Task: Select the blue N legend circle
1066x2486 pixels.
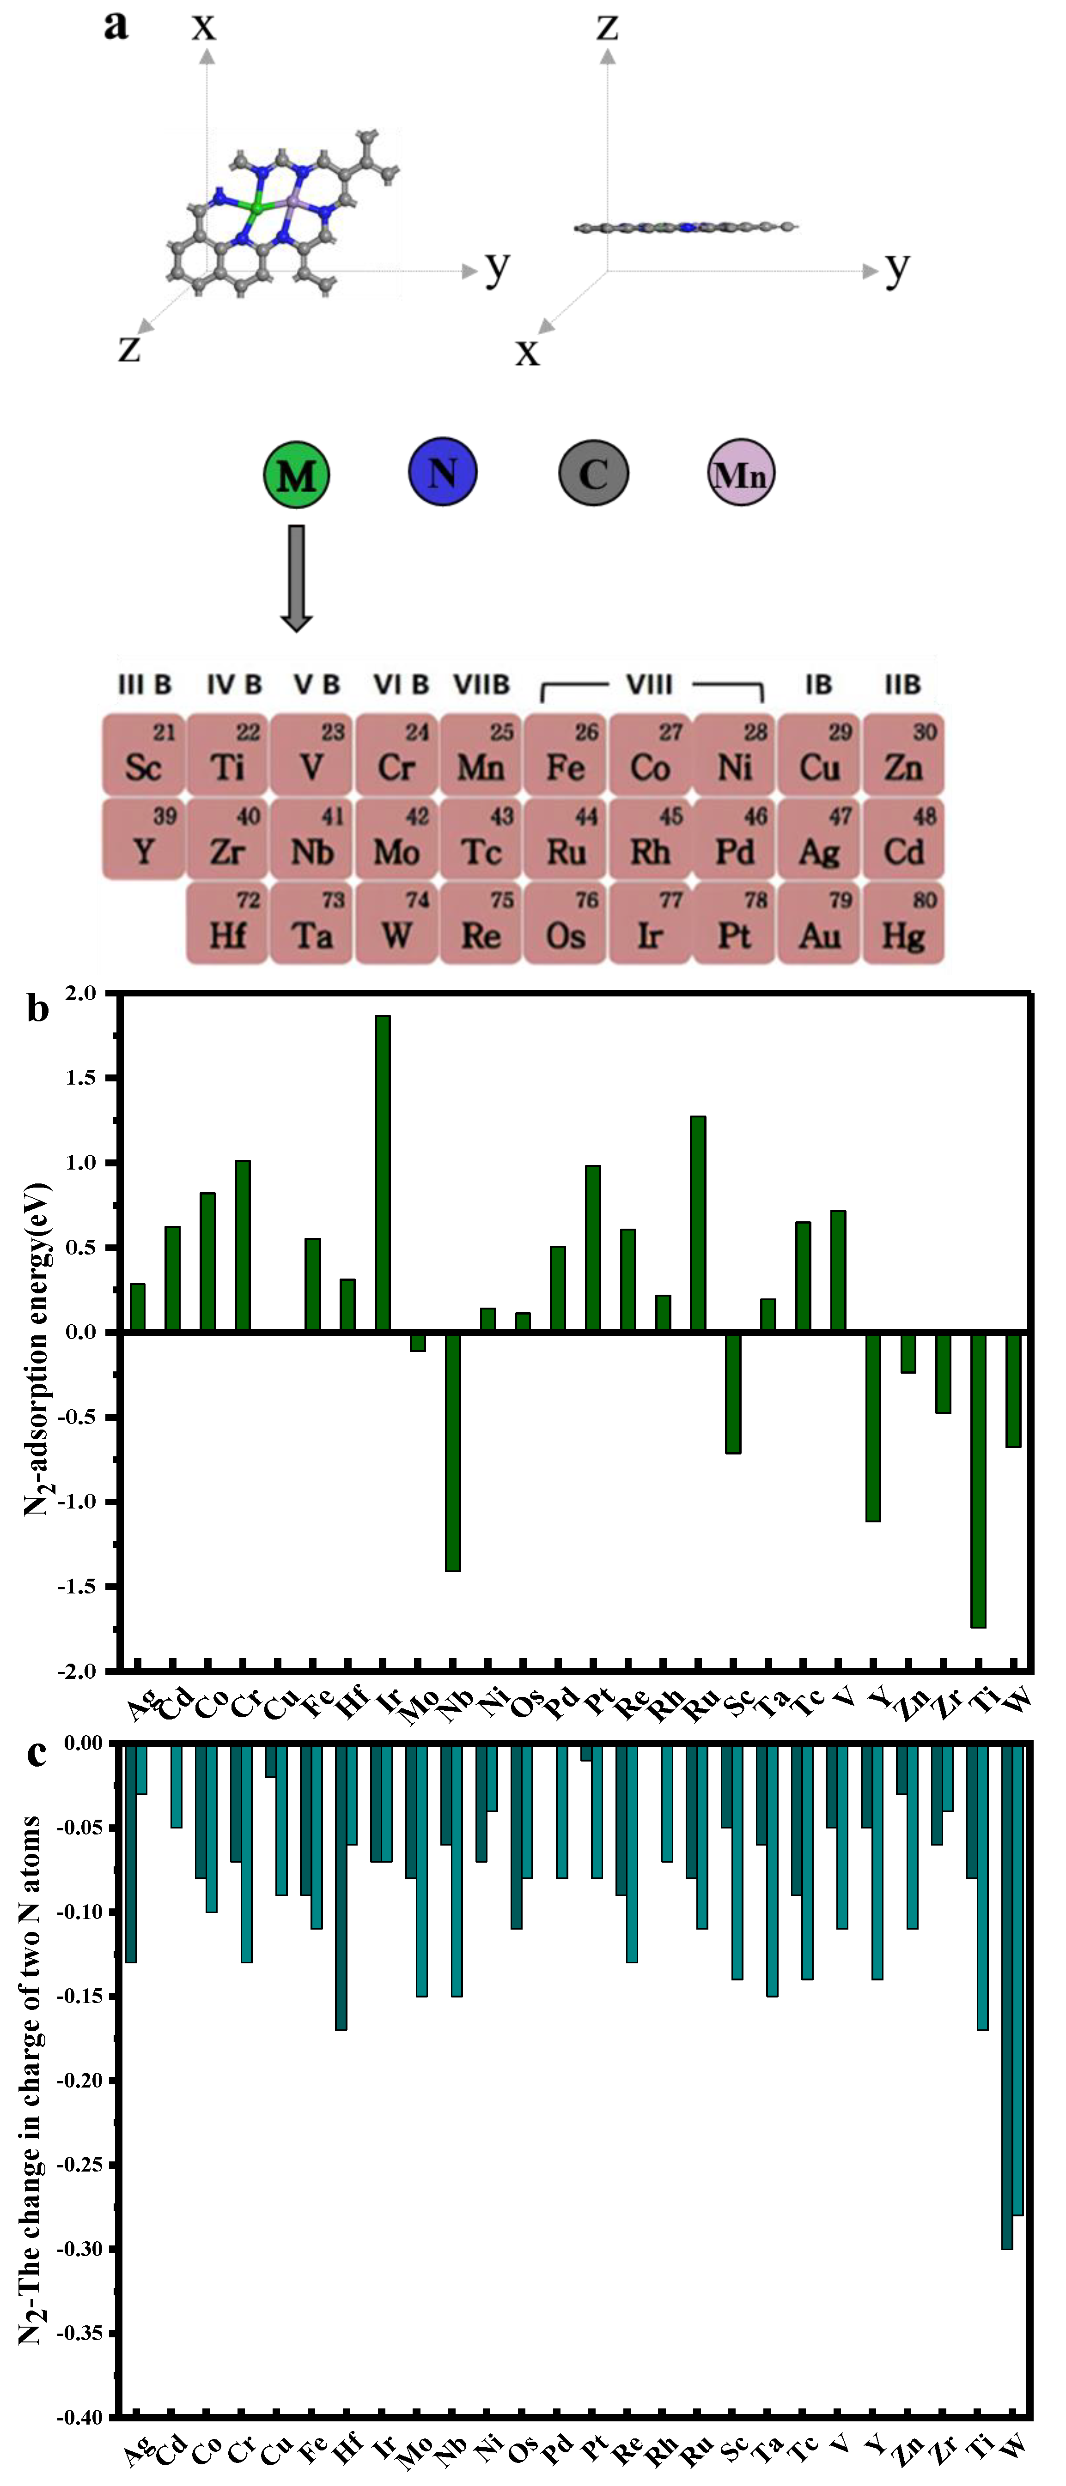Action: (442, 472)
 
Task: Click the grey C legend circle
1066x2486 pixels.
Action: (593, 473)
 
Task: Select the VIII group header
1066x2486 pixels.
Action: (649, 684)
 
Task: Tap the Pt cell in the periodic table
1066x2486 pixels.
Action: (734, 923)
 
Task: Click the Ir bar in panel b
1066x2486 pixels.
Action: (383, 1172)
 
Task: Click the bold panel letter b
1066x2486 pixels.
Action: (37, 1009)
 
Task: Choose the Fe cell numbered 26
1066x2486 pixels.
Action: (565, 756)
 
